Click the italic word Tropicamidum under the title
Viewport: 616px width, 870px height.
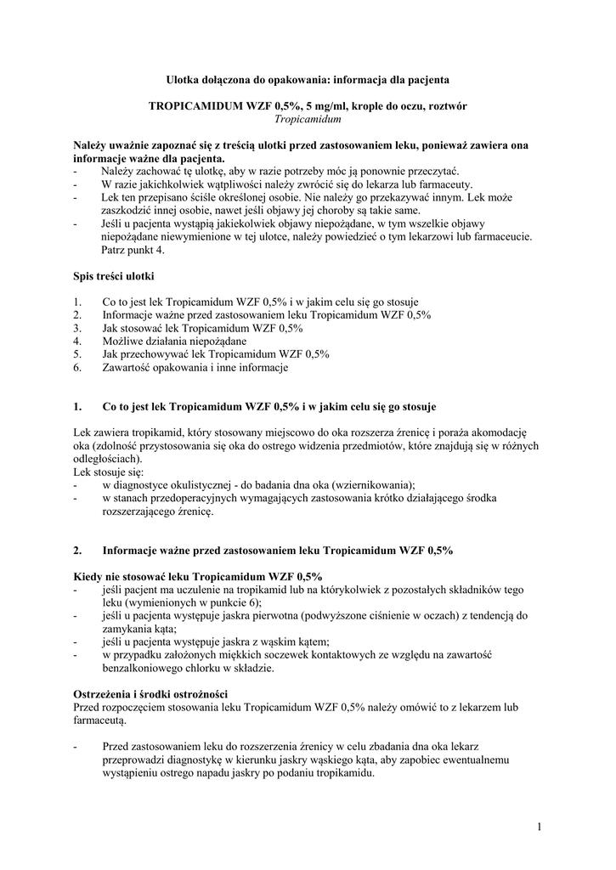(308, 120)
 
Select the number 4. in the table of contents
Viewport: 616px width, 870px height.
(77, 342)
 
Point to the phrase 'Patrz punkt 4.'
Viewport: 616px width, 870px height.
(134, 250)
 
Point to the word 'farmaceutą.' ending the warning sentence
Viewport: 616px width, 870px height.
(100, 720)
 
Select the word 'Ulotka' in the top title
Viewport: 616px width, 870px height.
(184, 79)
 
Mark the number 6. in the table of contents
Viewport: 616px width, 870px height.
(77, 368)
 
